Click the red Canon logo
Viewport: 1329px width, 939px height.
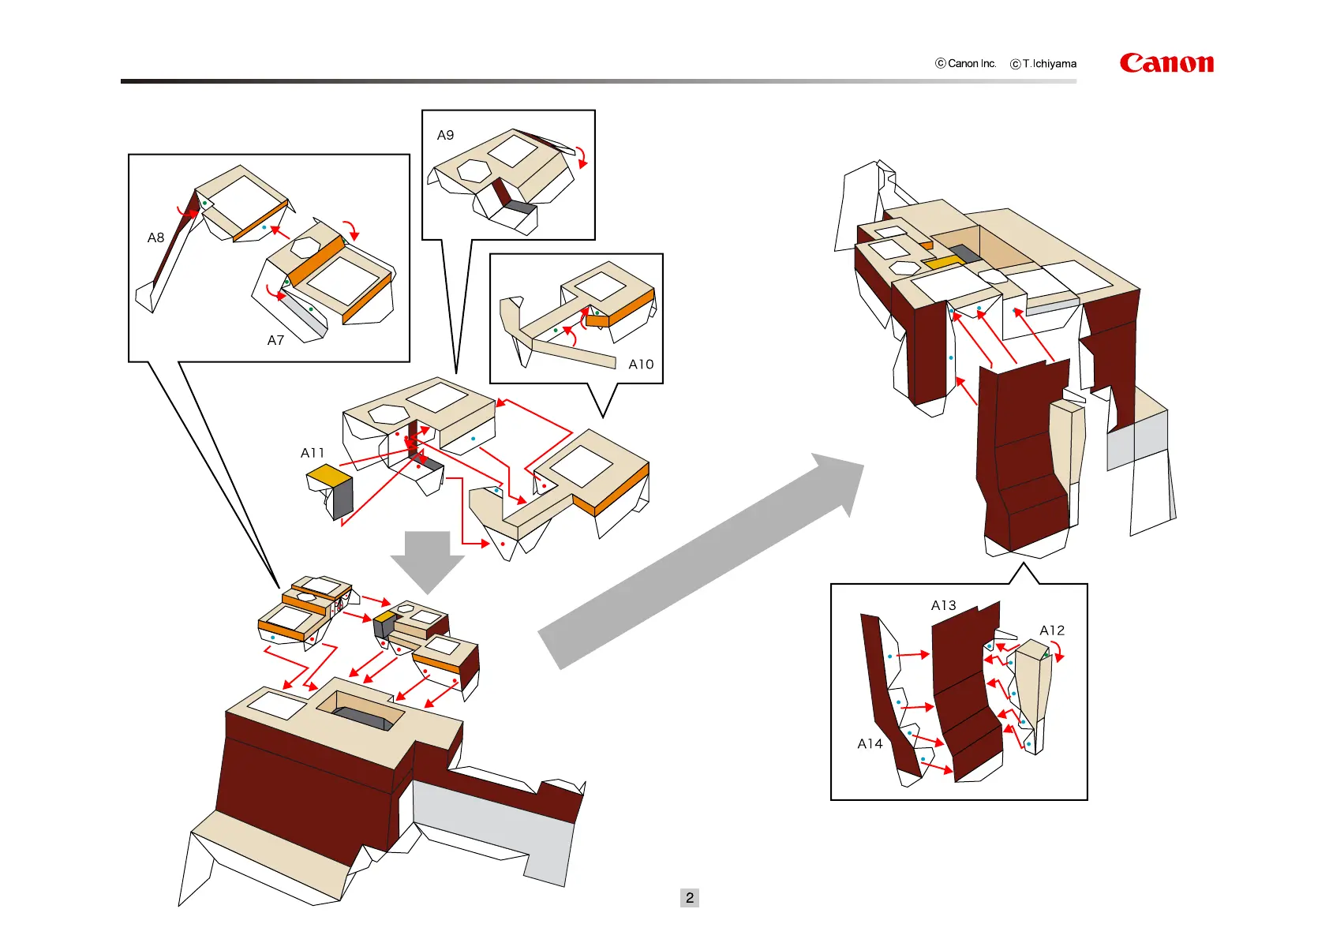[1166, 63]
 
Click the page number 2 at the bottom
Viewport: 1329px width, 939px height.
[689, 897]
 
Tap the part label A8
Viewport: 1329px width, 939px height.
[155, 238]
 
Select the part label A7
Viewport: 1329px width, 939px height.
[275, 340]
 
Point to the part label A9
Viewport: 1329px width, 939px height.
[445, 135]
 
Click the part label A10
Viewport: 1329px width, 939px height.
[641, 364]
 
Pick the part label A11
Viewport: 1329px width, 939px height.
[313, 453]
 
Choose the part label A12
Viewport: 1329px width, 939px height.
[1052, 630]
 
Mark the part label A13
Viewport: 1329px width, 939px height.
[943, 605]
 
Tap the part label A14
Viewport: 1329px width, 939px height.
[870, 743]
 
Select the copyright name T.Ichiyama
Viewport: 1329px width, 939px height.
[1049, 64]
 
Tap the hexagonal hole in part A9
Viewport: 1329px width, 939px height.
[474, 170]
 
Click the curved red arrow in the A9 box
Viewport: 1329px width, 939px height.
[582, 156]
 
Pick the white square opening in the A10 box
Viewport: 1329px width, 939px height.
[601, 285]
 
